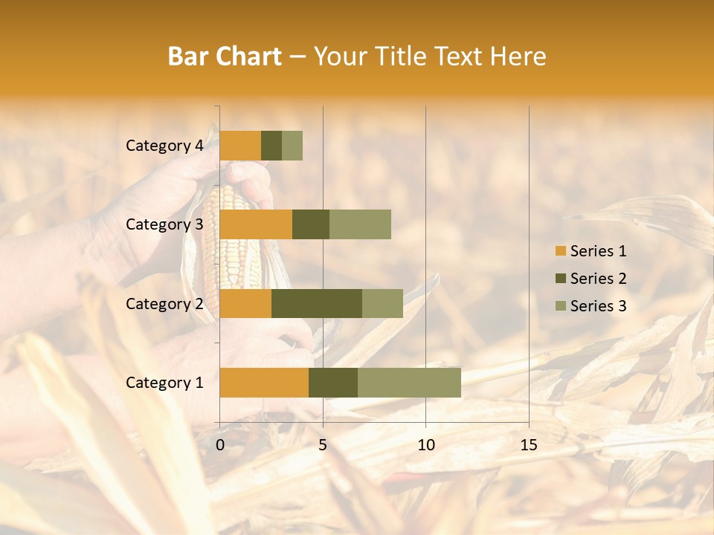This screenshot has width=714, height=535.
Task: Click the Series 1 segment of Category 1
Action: coord(264,382)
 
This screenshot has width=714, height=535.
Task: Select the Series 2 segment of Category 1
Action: coord(333,382)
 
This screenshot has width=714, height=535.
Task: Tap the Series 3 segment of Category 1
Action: coord(409,382)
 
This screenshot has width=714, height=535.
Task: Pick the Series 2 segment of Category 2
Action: coord(317,303)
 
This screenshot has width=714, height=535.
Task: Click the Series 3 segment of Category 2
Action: coord(382,303)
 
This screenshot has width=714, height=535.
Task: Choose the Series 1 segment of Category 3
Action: coord(256,224)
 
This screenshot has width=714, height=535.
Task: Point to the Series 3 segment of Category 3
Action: coord(360,224)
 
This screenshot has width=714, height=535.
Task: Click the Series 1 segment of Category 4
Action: coord(240,146)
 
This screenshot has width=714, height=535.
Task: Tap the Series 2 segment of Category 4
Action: coord(271,146)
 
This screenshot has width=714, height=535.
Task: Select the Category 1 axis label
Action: coord(164,383)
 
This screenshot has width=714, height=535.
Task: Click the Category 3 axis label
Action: coord(164,224)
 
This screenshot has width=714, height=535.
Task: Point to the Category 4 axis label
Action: coord(164,146)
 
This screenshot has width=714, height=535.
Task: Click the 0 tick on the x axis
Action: coord(220,446)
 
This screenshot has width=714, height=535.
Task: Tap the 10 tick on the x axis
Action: coord(425,446)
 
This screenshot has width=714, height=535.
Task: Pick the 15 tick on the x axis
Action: coord(529,446)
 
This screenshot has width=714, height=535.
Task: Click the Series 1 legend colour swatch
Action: coord(560,251)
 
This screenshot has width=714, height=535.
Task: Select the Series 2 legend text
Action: coord(598,279)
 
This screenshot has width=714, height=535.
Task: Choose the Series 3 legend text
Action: coord(598,306)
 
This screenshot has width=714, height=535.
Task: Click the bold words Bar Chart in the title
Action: coord(225,56)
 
